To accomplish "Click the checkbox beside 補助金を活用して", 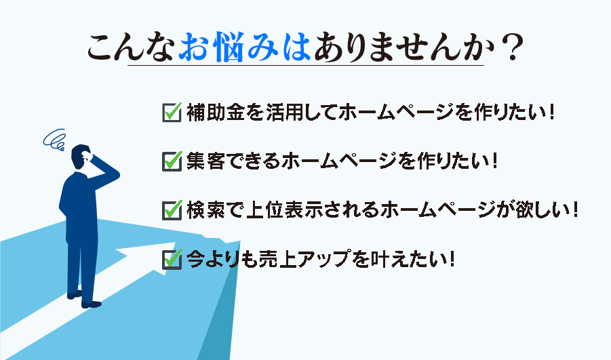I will (x=172, y=111).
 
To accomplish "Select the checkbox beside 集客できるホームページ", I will (x=172, y=161).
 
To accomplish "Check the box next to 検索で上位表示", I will (x=172, y=209).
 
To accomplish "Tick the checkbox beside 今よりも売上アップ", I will (x=172, y=258).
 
